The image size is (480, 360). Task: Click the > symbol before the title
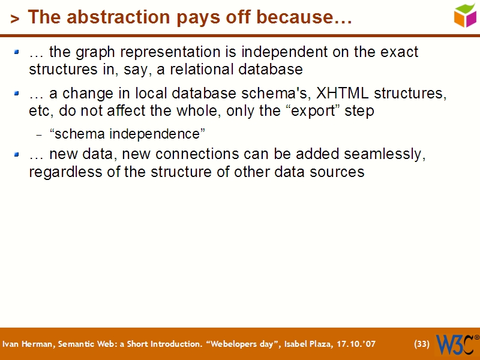click(15, 19)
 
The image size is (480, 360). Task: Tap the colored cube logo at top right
click(464, 15)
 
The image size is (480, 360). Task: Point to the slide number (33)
click(422, 344)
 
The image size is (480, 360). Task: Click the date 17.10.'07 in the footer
click(356, 344)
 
